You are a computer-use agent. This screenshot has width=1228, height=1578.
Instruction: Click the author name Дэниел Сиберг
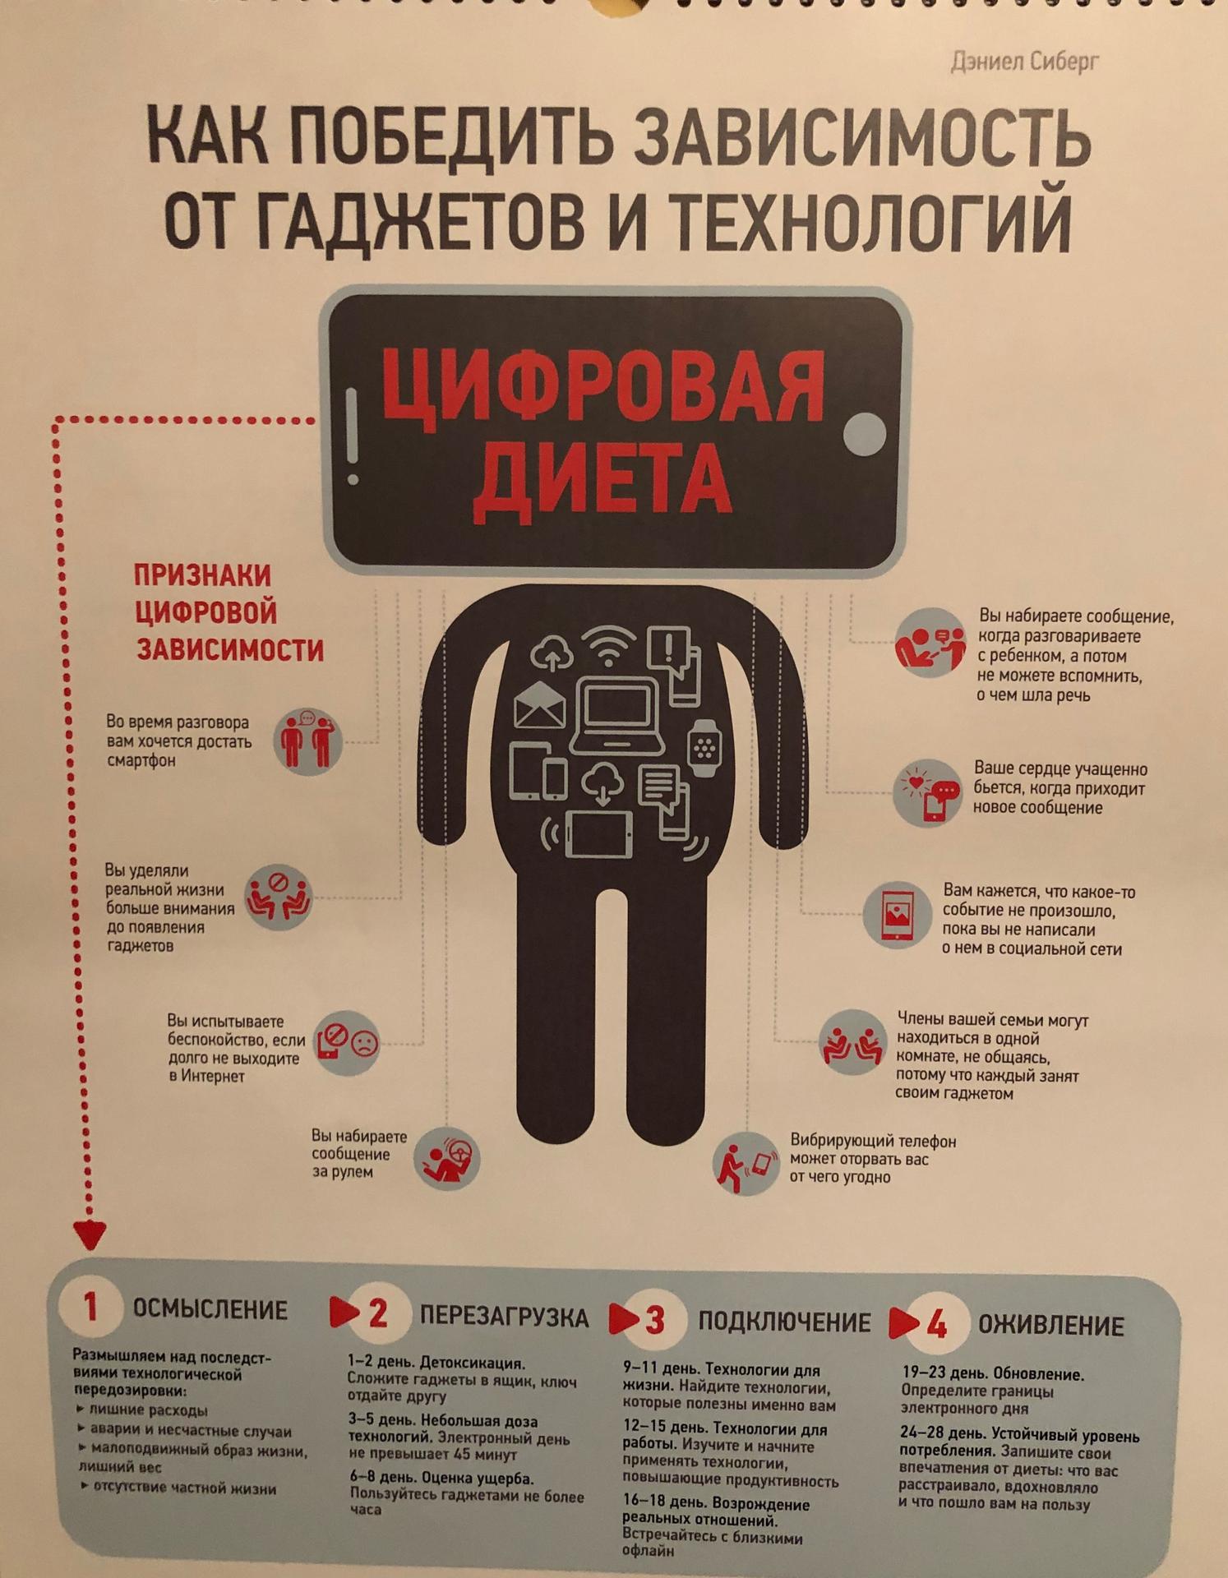click(1024, 61)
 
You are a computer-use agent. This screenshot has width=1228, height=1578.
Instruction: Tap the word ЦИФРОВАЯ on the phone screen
click(602, 385)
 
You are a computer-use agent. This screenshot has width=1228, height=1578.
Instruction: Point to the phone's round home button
click(865, 432)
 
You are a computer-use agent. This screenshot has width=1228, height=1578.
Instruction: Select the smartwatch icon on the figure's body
click(703, 747)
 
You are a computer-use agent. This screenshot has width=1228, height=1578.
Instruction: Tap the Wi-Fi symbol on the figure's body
click(608, 645)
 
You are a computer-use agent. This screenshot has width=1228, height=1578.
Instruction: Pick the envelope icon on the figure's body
click(539, 705)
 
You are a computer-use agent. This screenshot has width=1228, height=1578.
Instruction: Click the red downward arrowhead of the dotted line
click(90, 1235)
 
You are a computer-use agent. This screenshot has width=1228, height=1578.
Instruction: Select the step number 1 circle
click(90, 1308)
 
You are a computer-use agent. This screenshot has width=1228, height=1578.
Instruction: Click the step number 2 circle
click(377, 1313)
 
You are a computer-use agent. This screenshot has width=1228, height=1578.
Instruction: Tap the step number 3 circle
click(654, 1319)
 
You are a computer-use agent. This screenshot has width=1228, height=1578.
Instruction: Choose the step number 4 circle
click(936, 1323)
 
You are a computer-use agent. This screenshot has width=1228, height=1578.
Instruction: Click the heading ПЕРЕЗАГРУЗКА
click(504, 1317)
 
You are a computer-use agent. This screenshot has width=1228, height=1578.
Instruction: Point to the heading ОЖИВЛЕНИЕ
click(1050, 1325)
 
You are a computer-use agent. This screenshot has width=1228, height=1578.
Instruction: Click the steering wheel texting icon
click(446, 1158)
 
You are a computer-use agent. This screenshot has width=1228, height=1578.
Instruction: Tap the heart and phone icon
click(928, 792)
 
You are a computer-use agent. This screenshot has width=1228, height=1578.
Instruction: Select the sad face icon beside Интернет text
click(364, 1044)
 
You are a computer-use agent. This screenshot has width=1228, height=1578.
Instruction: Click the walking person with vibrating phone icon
click(745, 1163)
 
